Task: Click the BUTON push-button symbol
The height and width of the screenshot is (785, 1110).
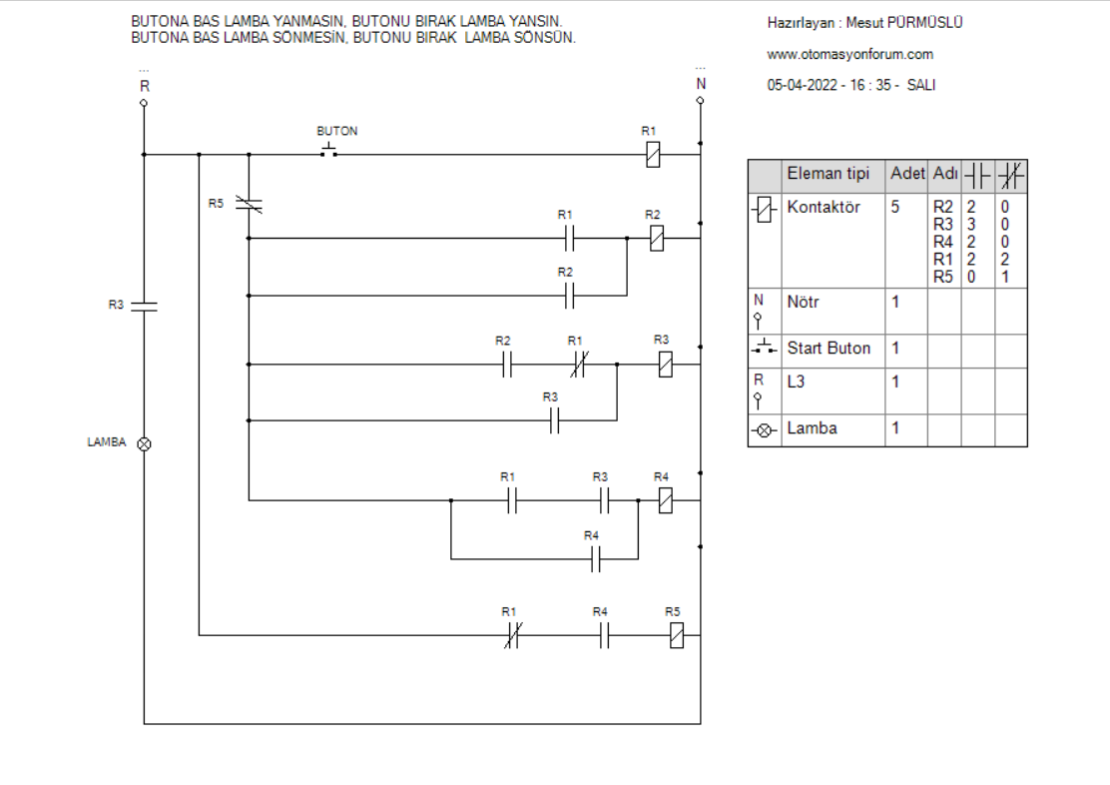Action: tap(328, 150)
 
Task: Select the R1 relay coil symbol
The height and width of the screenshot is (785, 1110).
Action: tap(653, 155)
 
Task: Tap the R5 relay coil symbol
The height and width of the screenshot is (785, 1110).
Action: tap(677, 635)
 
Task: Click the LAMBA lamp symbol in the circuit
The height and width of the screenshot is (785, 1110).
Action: tap(144, 444)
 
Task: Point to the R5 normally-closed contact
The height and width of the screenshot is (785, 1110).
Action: tap(249, 206)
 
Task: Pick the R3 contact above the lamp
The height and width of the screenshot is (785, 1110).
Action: tap(144, 306)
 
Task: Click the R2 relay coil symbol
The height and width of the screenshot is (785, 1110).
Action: tap(656, 238)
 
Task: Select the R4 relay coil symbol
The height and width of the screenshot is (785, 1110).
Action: tap(666, 501)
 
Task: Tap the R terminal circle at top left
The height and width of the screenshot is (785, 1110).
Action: tap(144, 103)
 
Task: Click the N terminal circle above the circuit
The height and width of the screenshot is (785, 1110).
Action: tap(700, 101)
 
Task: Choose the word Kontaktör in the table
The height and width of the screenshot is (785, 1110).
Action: tap(824, 207)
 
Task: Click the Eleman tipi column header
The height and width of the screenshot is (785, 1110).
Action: tap(829, 174)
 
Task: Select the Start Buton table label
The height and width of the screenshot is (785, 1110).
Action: tap(829, 348)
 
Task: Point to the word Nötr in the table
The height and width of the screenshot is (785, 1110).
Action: tap(803, 302)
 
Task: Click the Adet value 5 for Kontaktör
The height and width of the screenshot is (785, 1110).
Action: tap(894, 207)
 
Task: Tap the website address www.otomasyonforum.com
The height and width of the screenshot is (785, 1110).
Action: tap(849, 55)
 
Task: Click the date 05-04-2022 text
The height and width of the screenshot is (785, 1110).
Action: tap(803, 85)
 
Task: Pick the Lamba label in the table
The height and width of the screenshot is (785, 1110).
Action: tap(812, 428)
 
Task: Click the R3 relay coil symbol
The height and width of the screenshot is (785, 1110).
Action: tap(666, 365)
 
